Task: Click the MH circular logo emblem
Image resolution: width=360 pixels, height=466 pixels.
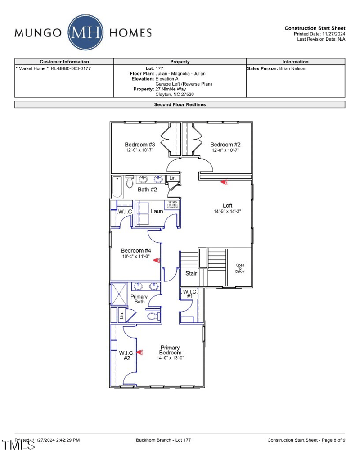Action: coord(85,32)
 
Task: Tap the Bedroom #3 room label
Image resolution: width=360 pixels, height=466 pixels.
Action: coord(140,145)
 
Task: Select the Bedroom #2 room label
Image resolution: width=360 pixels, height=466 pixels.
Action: coord(225,145)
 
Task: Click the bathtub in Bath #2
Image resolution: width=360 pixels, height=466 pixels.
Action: coord(117,187)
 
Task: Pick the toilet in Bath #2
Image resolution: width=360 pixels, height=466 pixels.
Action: coord(130,182)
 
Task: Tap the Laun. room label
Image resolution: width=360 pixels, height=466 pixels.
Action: coord(157,211)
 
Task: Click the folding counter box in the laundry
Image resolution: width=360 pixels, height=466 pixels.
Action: coord(173,205)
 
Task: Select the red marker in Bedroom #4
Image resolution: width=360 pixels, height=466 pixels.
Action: coord(157,260)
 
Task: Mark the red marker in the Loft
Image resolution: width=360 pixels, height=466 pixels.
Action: coord(224,182)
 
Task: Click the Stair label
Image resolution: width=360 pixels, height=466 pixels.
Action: coord(191,273)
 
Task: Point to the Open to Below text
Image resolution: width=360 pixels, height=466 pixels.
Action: coord(240,268)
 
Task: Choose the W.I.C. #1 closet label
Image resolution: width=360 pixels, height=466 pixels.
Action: coord(190,294)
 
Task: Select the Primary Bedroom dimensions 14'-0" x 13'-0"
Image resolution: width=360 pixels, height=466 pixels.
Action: coord(171,358)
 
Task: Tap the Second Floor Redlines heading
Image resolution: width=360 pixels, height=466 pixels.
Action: coord(180,104)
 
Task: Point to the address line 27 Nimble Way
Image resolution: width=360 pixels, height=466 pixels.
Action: coord(171,89)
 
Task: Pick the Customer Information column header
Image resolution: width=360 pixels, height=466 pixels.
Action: coord(64,62)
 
